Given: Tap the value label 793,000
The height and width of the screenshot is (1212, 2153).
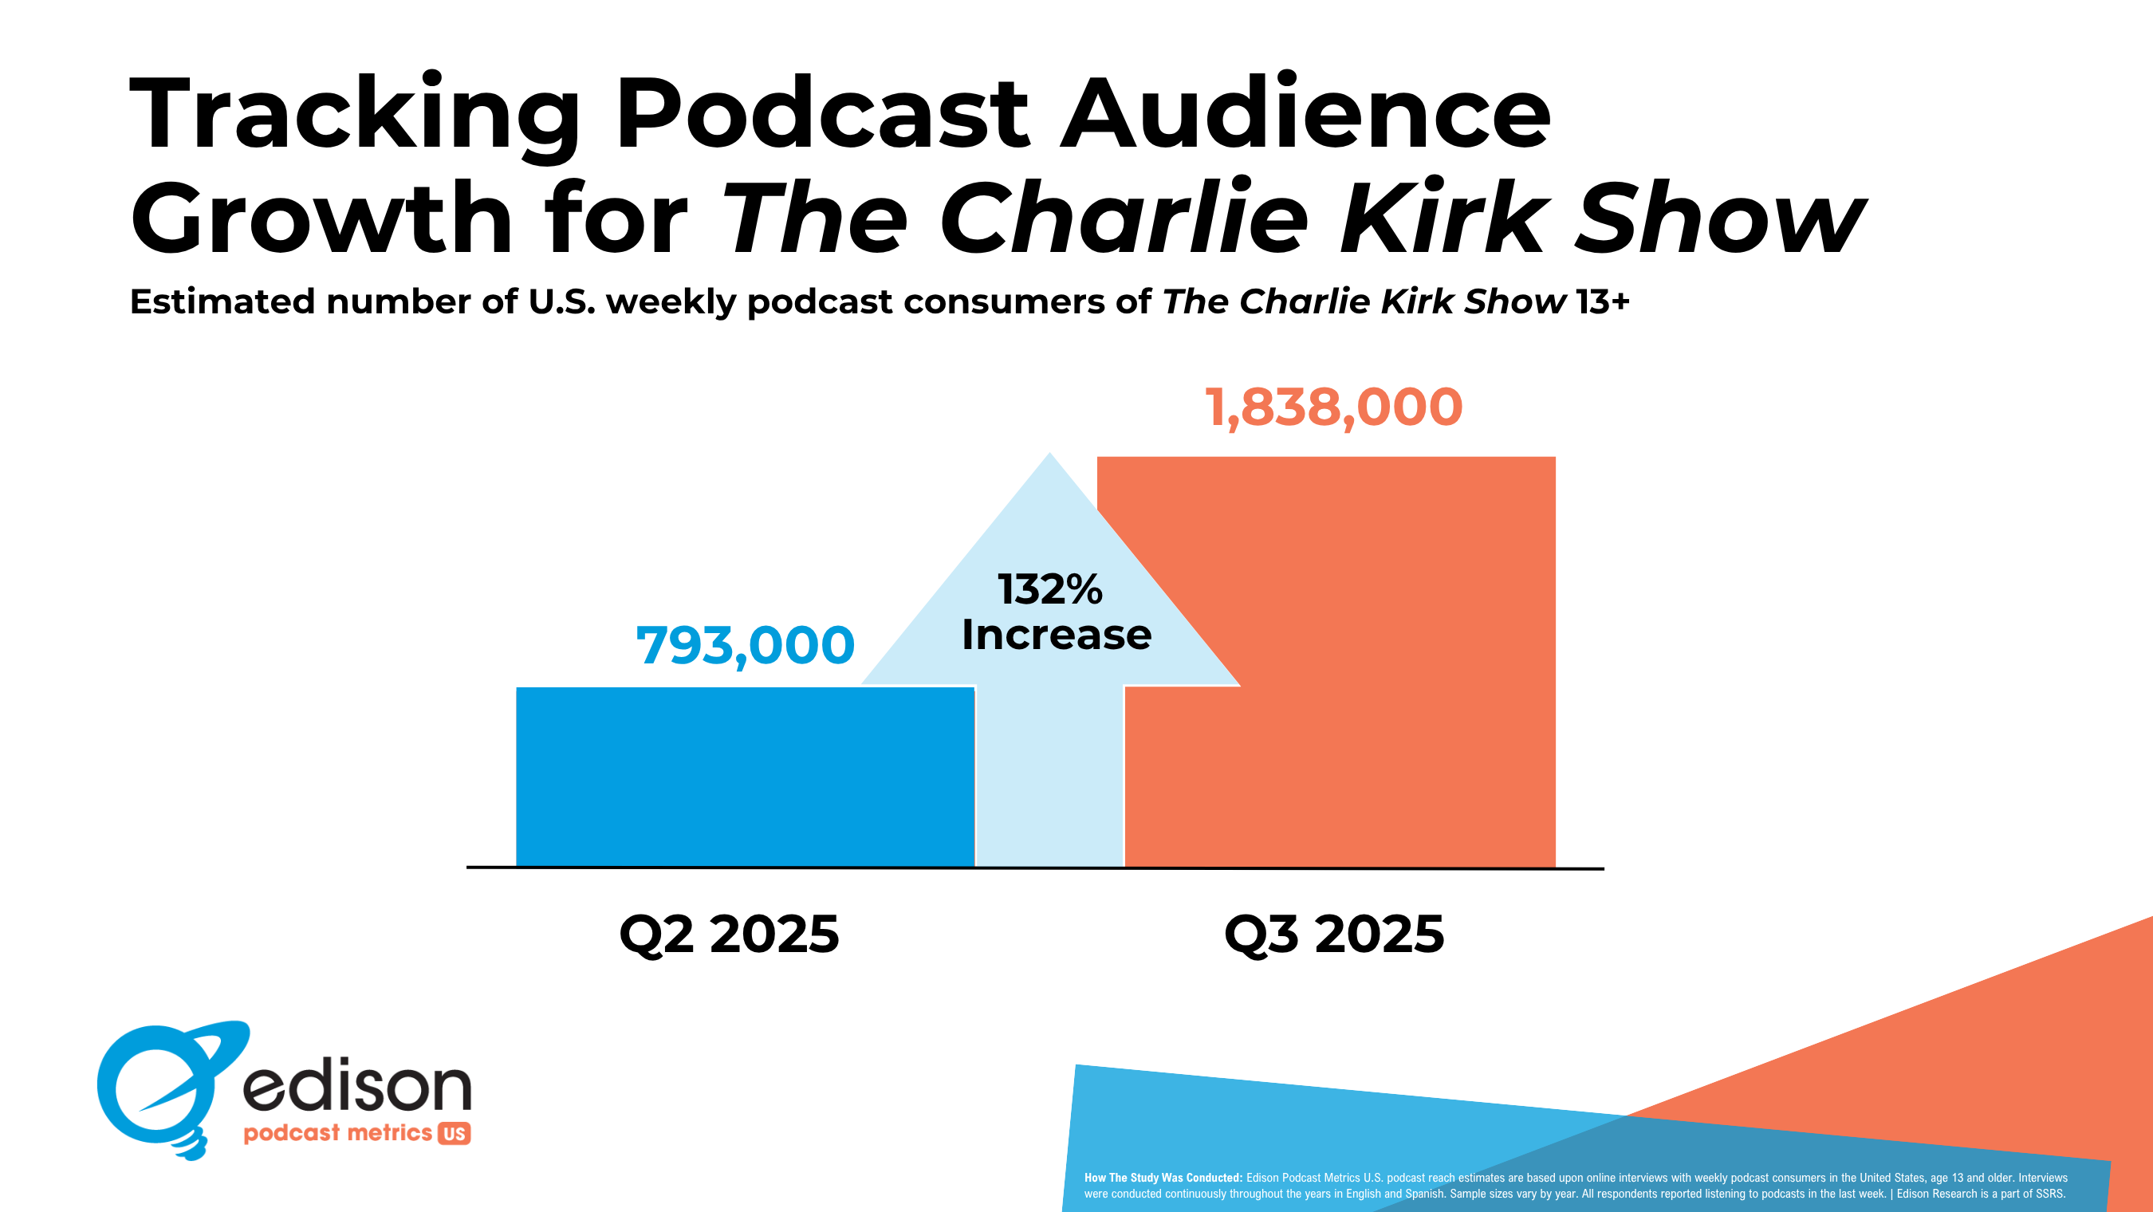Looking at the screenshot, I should click(x=745, y=645).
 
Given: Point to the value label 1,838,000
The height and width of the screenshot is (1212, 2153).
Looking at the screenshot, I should click(x=1333, y=408).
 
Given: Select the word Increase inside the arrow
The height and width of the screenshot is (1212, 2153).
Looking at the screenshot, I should click(x=1057, y=635).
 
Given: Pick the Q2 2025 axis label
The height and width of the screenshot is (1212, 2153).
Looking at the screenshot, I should click(x=729, y=934).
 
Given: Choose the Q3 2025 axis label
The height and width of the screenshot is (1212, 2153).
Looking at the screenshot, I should click(x=1334, y=934).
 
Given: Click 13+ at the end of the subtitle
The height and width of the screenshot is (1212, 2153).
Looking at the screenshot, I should click(x=1602, y=301).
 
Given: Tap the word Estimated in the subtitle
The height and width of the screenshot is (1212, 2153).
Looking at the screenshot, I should click(x=222, y=301).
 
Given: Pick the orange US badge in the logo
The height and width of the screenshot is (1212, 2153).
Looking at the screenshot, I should click(x=454, y=1133).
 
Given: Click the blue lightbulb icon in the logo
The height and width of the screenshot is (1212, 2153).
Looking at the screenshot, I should click(x=163, y=1087).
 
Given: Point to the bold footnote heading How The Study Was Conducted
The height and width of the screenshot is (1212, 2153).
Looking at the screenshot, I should click(x=1163, y=1178).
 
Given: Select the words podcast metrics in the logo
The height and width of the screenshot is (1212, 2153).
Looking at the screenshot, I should click(x=337, y=1132).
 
